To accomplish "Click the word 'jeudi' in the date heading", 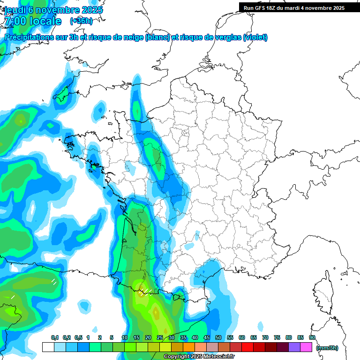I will coord(16,10).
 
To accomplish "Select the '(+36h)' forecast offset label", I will coord(81,21).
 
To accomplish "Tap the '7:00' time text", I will coord(15,21).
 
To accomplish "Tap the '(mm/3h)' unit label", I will coord(327,347).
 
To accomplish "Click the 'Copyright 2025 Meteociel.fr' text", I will coord(199,357).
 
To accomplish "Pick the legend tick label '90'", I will coord(312,337).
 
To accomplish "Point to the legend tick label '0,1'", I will coord(55,337).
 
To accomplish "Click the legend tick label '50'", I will coord(218,337).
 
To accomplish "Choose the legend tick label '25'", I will coord(160,337).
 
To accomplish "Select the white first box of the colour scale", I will coord(48,347).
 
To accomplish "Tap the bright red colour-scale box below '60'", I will coord(247,347).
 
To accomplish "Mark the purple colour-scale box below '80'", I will coord(294,347).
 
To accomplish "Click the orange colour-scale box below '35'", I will coord(189,347).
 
